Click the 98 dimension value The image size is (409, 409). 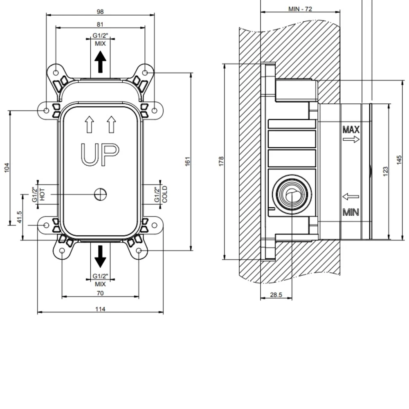tap(100, 12)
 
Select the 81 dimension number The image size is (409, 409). tap(100, 24)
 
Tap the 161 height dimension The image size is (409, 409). tap(188, 162)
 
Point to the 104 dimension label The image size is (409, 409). tap(7, 167)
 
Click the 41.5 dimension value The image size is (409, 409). tap(19, 217)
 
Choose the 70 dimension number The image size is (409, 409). tap(100, 293)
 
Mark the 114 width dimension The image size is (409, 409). tap(100, 309)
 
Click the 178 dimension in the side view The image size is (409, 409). tap(221, 161)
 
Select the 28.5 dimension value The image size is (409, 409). tap(276, 295)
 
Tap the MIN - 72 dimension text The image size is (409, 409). tap(300, 9)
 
